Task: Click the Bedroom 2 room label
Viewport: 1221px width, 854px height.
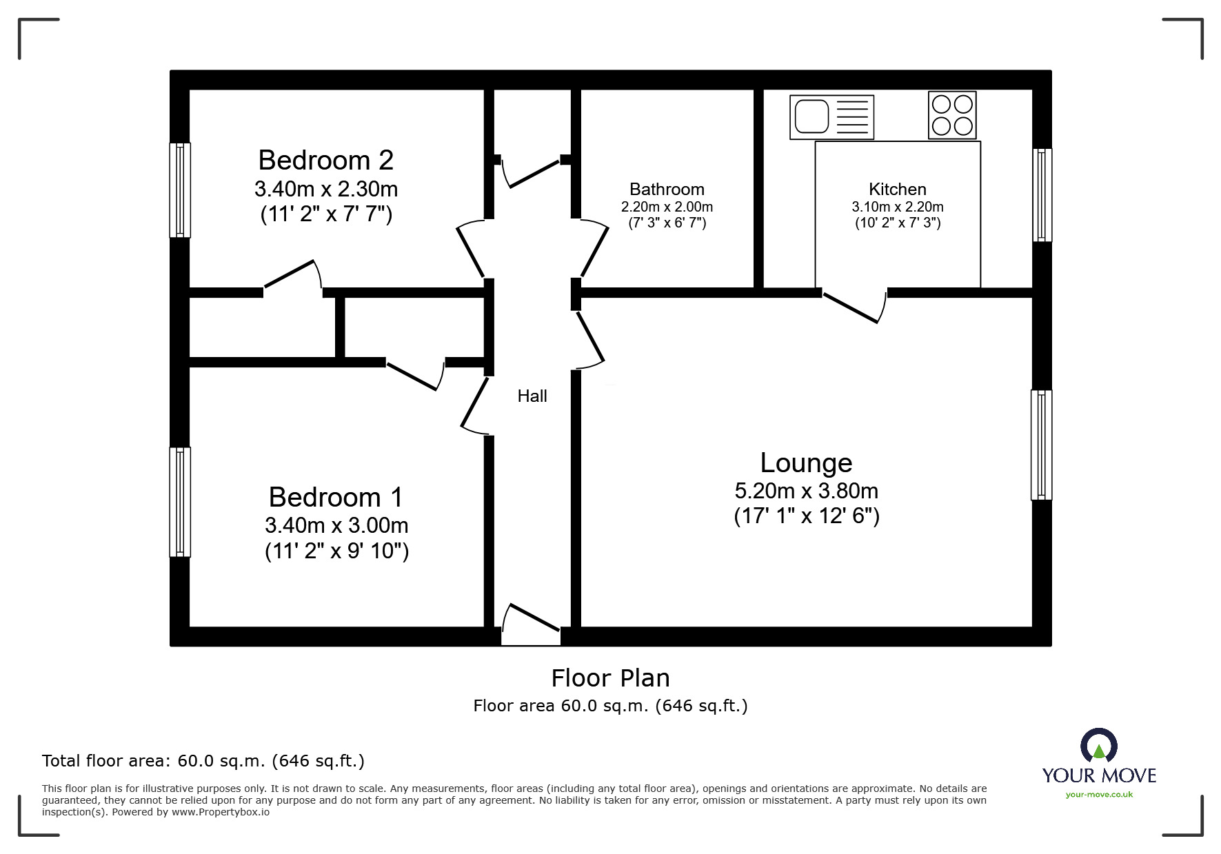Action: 325,160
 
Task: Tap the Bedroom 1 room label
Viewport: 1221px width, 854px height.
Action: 336,497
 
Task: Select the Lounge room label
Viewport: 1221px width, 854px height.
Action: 806,462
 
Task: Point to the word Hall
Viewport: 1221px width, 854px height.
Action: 532,396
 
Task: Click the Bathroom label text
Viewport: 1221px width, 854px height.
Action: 667,189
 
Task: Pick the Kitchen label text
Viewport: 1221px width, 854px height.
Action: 898,189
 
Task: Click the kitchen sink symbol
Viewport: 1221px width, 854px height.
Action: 831,117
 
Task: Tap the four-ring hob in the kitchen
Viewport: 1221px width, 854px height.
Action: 952,115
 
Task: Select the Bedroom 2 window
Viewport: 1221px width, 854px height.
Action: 180,190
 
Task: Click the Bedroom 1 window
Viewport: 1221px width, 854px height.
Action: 180,502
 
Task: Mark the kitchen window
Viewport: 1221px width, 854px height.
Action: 1042,195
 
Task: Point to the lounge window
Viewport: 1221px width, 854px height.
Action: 1042,445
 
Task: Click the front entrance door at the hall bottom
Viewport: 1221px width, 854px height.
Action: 531,624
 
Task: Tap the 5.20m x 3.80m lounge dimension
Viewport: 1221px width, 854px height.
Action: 806,491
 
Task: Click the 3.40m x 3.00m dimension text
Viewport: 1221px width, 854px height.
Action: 336,525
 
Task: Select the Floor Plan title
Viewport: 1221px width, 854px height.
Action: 610,678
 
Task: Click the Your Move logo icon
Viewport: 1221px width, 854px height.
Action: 1098,746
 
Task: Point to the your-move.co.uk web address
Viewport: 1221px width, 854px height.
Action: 1099,795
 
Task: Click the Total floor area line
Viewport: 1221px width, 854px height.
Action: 203,761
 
